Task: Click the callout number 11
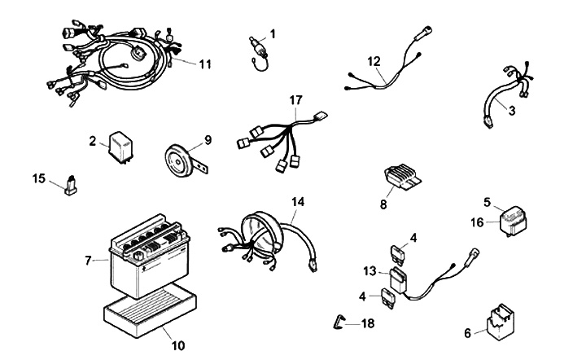click(205, 64)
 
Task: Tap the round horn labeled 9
click(178, 160)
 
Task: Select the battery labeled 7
click(150, 255)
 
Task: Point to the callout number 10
click(178, 345)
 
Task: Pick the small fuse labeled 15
click(71, 186)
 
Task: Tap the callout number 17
click(295, 100)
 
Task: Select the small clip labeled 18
click(338, 322)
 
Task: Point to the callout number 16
click(477, 223)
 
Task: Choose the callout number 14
click(298, 202)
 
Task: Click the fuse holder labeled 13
click(398, 279)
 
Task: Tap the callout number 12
click(374, 61)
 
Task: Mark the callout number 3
click(512, 111)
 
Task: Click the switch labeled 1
click(259, 52)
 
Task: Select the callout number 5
click(487, 202)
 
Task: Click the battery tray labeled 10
click(151, 310)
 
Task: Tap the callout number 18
click(368, 323)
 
